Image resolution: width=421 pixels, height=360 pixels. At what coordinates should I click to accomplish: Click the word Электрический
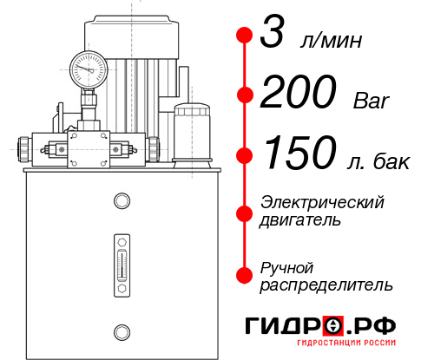coord(322,202)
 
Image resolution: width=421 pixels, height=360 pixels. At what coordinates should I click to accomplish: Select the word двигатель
coord(300,220)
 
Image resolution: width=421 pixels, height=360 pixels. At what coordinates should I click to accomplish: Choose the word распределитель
coord(326,285)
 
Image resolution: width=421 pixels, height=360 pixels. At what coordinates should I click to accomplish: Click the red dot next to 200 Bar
coord(245,95)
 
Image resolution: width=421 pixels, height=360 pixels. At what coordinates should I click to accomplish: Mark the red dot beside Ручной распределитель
coord(245,275)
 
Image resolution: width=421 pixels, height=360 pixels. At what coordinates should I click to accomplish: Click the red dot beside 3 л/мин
coord(245,36)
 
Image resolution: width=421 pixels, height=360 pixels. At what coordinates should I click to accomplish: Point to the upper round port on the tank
coord(122,201)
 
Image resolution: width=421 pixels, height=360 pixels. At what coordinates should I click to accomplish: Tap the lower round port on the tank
coord(122,330)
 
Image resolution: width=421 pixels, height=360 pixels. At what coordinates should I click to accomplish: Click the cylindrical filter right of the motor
coord(192,132)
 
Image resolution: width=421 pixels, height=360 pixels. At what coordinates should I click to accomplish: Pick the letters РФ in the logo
coord(377,326)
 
